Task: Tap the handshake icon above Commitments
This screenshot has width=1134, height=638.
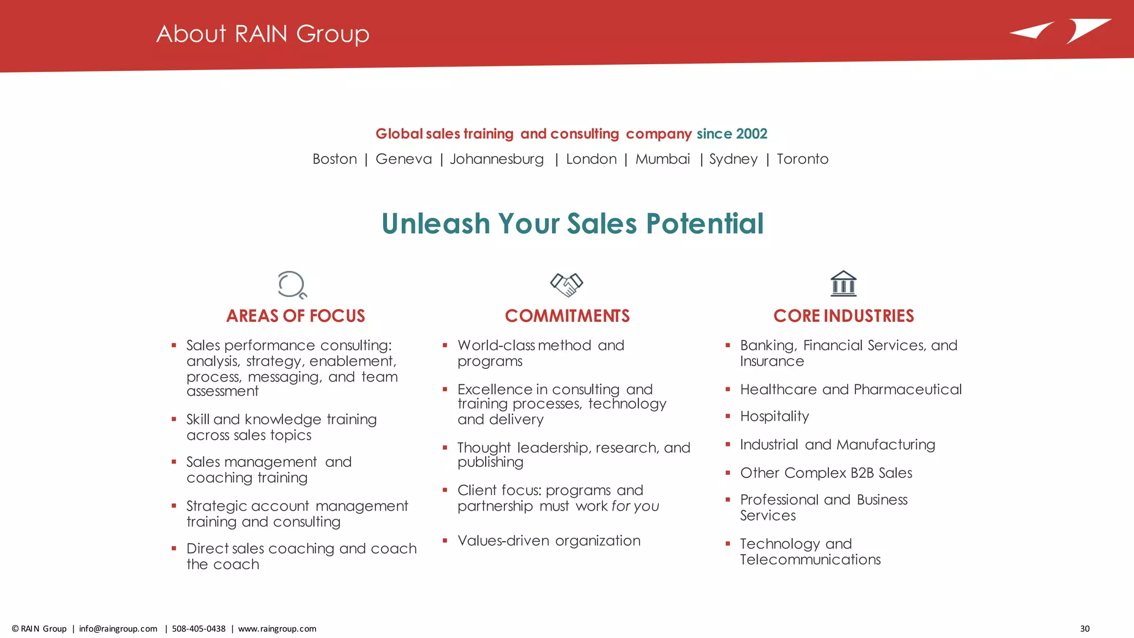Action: coord(566,285)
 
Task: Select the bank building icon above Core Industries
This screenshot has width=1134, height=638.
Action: coord(843,284)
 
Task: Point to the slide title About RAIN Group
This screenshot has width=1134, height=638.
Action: coord(262,34)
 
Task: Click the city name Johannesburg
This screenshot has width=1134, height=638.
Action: coord(497,159)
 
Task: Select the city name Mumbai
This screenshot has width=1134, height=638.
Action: coord(662,159)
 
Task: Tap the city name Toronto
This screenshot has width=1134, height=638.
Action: coord(802,159)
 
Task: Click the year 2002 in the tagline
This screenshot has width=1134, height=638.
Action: coord(751,133)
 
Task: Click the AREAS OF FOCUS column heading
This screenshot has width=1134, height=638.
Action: coord(296,316)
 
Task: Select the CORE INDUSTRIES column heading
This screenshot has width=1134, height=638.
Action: coord(843,316)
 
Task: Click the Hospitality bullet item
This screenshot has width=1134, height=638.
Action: coord(774,416)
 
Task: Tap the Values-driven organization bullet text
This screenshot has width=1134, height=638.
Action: coord(549,541)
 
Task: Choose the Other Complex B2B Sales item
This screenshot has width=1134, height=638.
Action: coord(826,473)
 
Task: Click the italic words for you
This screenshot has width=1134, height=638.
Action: coord(635,506)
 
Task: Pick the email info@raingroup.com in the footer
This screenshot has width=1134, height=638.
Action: coord(118,629)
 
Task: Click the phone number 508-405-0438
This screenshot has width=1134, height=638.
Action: coord(199,629)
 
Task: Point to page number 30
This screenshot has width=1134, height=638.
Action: coord(1085,629)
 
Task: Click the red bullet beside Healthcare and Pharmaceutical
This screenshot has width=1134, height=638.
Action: coord(728,389)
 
